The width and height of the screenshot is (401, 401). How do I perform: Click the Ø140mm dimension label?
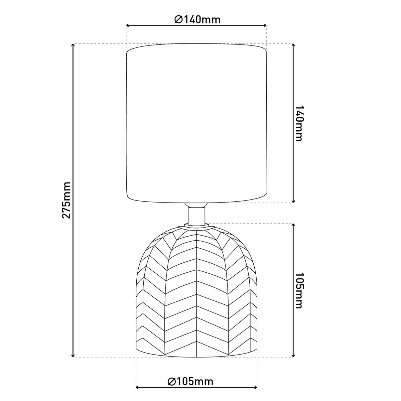tap(197, 20)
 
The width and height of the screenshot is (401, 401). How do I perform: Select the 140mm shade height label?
tap(299, 123)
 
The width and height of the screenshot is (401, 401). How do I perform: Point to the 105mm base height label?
tap(299, 290)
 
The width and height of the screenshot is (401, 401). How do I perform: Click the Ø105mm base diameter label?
tap(190, 381)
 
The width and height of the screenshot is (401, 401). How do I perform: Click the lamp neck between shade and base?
tap(196, 216)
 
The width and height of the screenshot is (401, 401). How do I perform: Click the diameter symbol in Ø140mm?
tap(178, 20)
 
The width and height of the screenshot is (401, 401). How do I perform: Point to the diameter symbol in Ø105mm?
tap(171, 381)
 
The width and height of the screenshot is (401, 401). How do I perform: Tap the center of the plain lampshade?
tap(196, 124)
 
